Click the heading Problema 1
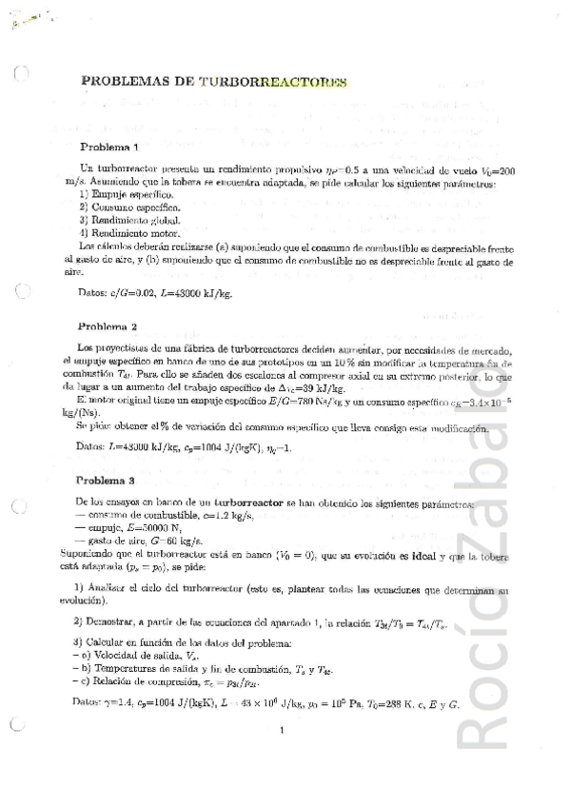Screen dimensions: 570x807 109,147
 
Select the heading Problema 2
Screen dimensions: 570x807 108,325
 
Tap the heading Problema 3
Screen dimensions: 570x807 108,480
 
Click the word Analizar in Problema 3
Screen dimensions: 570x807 111,590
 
